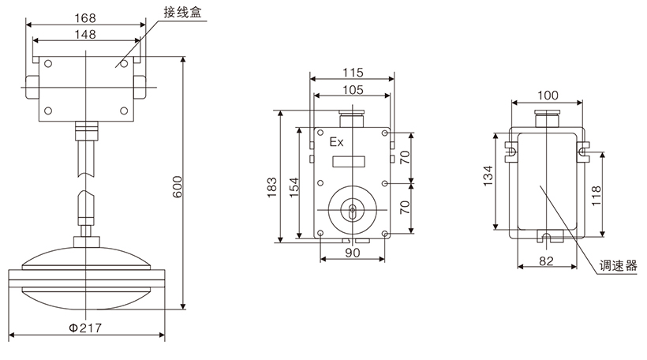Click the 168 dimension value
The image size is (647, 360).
[87, 17]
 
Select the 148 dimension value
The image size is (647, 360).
[87, 34]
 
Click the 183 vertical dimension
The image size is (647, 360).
[272, 186]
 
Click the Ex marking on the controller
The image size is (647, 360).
[336, 143]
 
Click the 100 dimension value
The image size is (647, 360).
[547, 96]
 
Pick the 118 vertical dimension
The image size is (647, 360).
[597, 193]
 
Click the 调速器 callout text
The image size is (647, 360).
[620, 267]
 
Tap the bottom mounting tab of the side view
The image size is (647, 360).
[547, 236]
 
